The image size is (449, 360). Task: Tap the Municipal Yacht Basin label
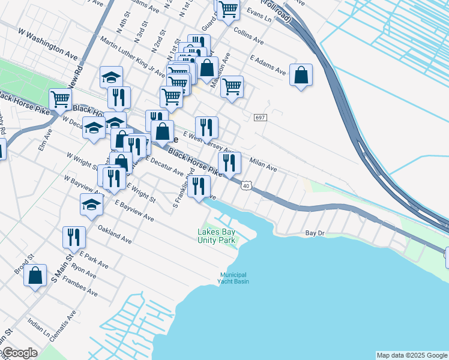[233, 278]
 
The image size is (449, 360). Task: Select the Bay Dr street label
[315, 232]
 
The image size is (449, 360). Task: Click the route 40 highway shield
[246, 186]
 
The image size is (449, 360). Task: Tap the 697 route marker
[259, 117]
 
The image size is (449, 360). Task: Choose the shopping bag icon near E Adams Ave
[301, 76]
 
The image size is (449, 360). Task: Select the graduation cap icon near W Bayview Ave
[91, 204]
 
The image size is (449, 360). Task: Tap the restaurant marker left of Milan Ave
[229, 162]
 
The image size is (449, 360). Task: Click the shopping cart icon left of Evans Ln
[228, 9]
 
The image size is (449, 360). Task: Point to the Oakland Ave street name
[115, 235]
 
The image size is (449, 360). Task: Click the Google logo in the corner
[19, 353]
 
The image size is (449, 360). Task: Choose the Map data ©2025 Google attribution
[412, 355]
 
